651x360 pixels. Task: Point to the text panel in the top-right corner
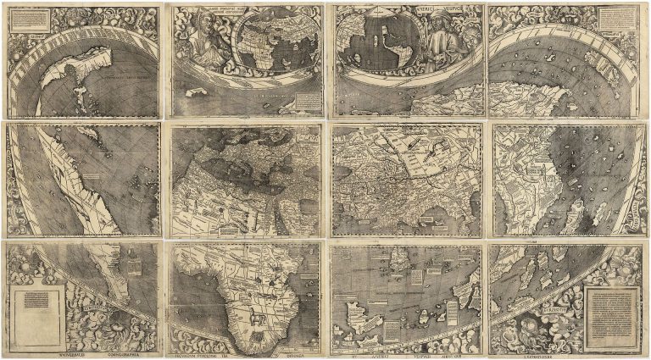[x=615, y=20]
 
